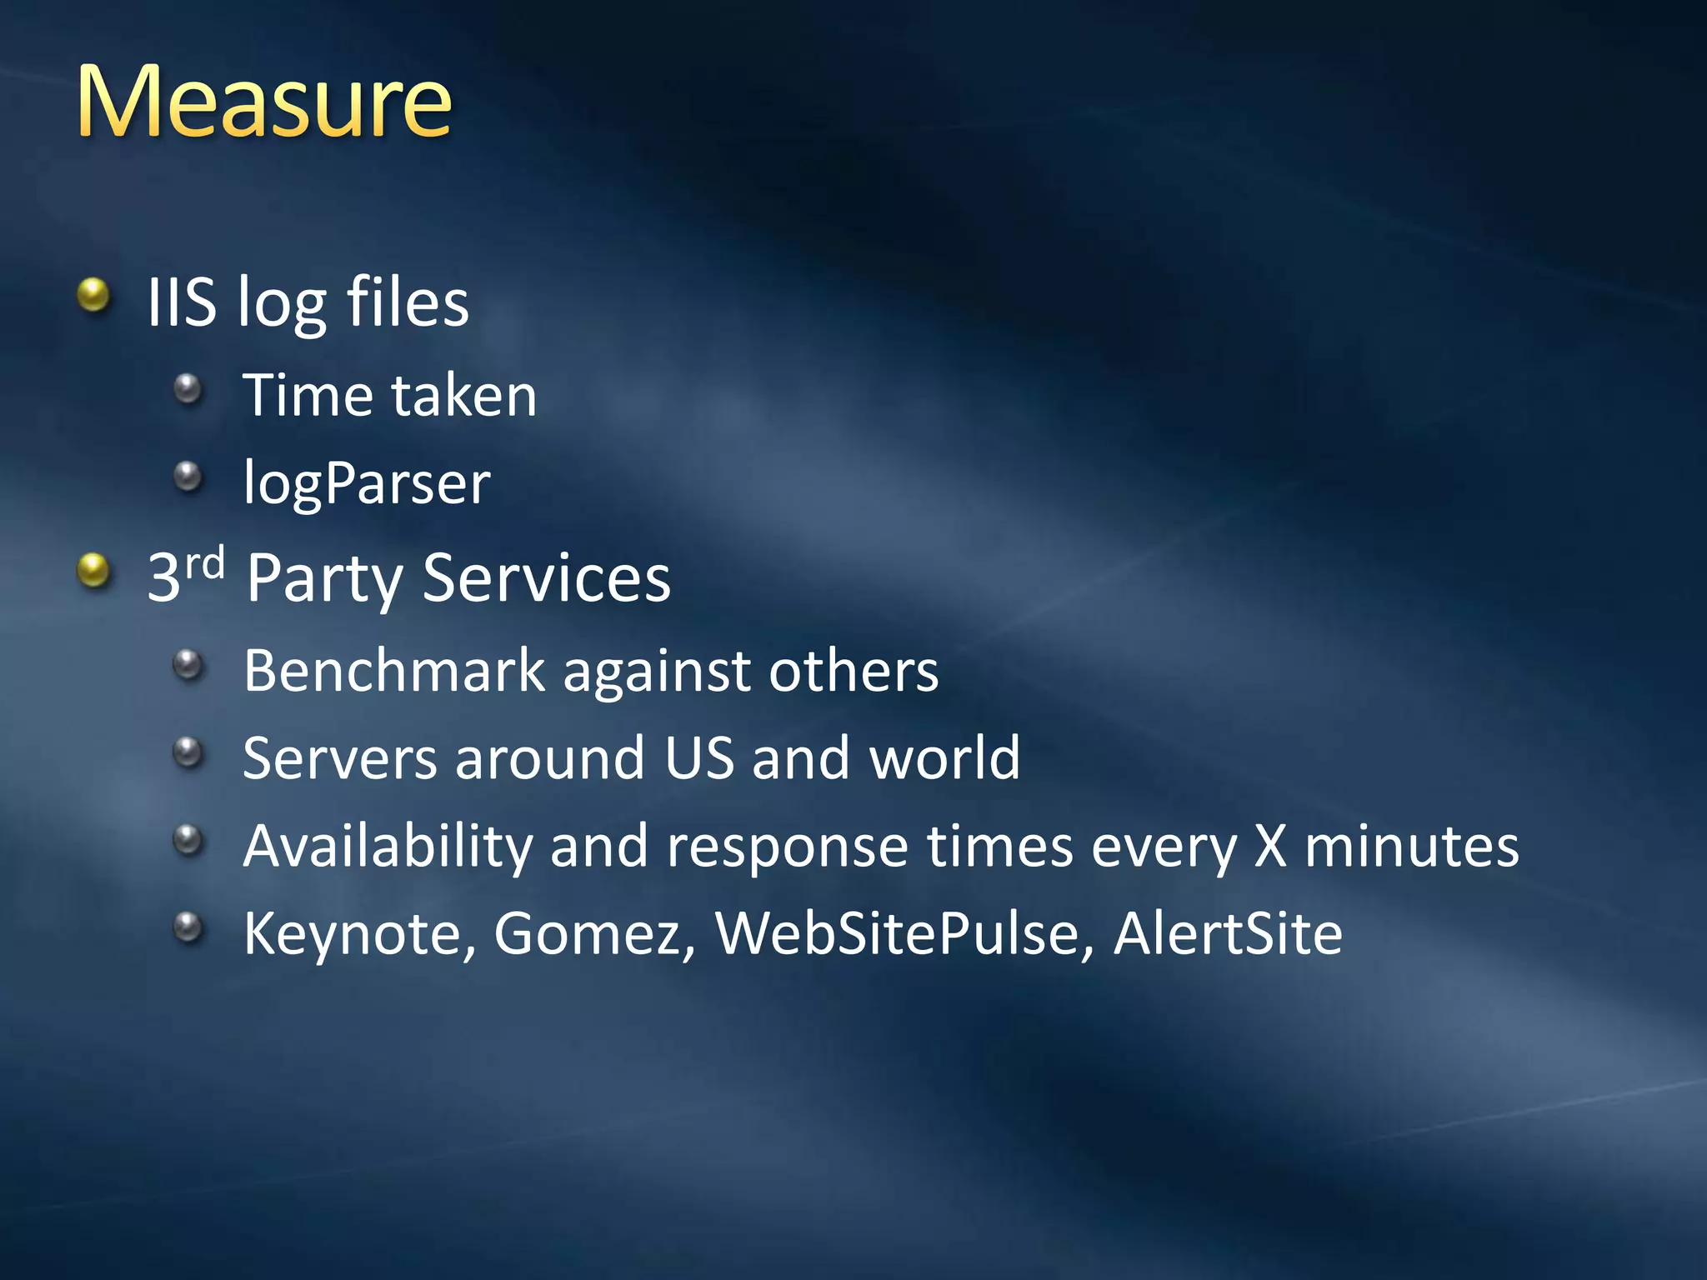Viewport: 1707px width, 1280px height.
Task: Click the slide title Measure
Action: coord(263,102)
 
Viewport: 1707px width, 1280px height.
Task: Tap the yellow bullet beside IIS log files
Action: coord(93,295)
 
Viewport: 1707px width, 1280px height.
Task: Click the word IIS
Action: coord(182,302)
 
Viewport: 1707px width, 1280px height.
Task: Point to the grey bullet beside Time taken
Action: coord(188,388)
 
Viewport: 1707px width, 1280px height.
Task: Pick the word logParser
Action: coord(367,483)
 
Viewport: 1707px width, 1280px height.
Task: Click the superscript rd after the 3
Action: coord(205,563)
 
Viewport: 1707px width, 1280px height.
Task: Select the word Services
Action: coord(546,577)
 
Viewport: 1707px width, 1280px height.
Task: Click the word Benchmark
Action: coord(394,670)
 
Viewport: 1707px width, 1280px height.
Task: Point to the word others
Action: coord(853,670)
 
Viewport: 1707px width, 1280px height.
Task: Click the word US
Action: coord(699,758)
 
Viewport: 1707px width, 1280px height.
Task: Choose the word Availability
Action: coord(388,847)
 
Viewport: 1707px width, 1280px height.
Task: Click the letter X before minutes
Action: coord(1270,847)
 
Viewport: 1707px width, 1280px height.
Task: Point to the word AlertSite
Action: coord(1228,933)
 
